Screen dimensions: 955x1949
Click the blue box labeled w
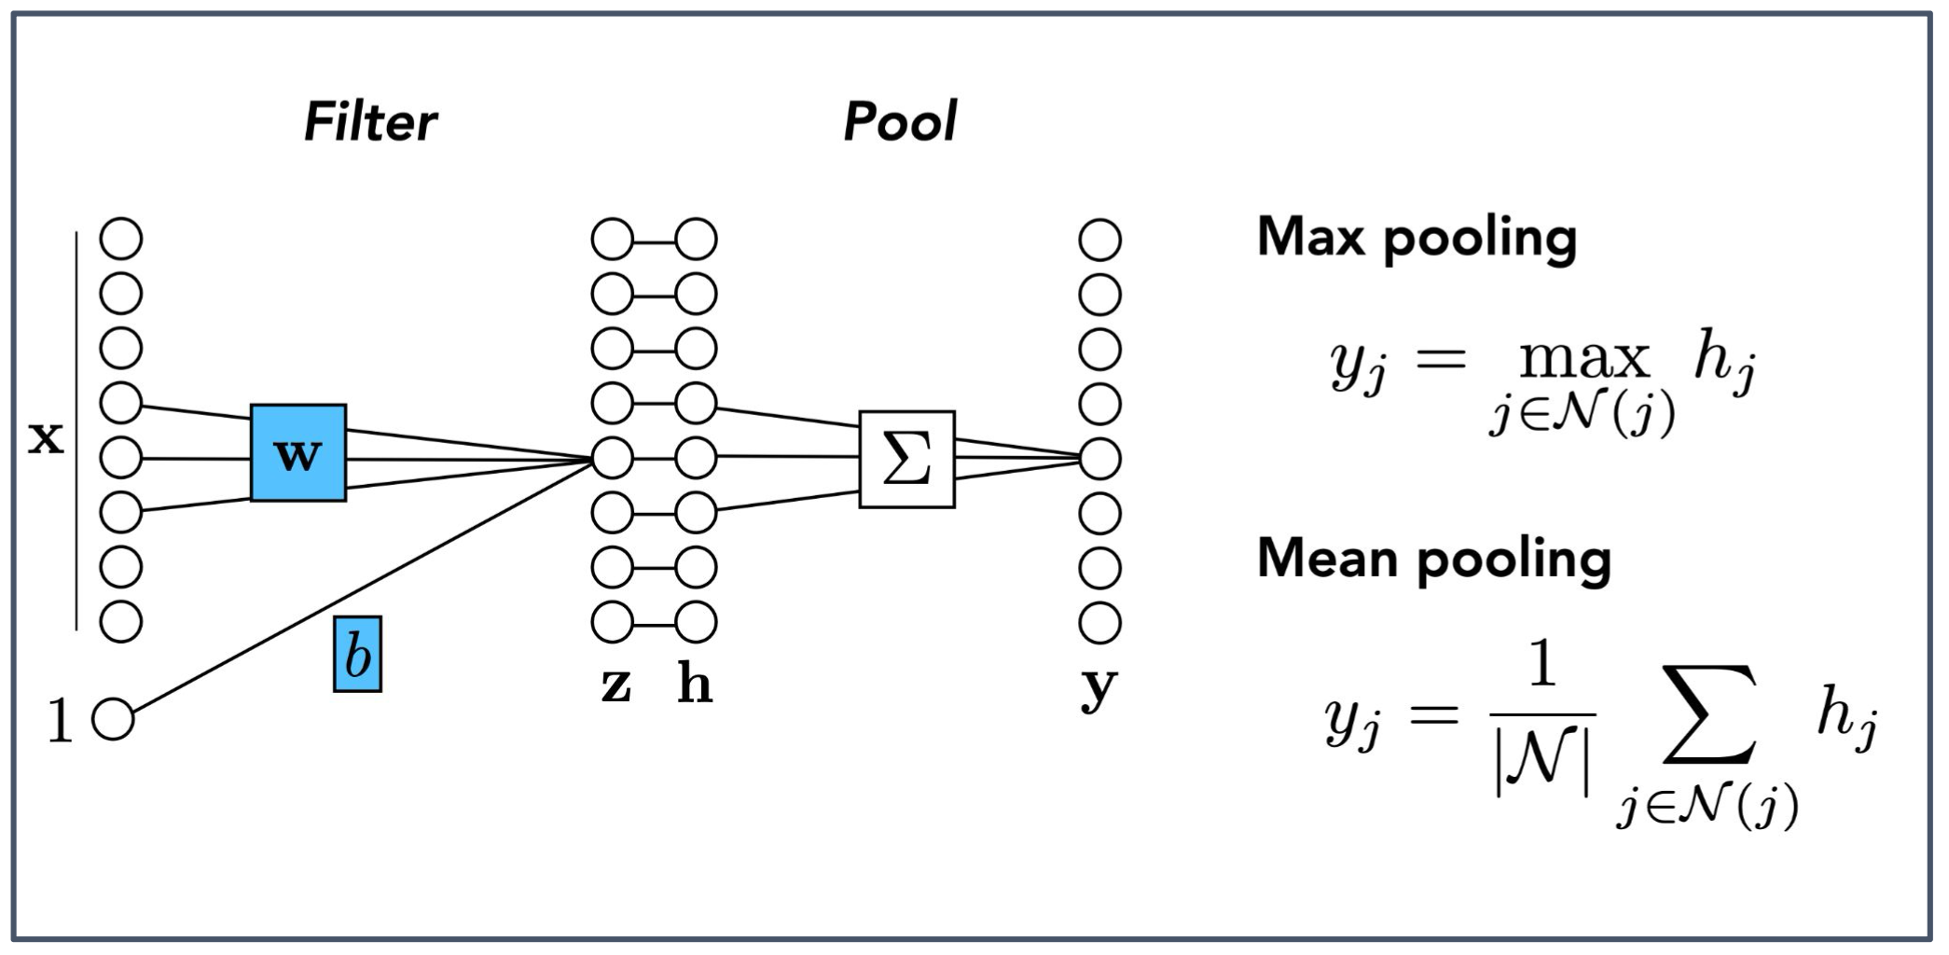pos(297,453)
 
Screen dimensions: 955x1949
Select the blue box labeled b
pos(357,654)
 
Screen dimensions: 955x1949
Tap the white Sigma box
pos(906,459)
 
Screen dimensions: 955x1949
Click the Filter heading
pos(370,122)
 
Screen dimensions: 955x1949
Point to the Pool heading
pos(900,122)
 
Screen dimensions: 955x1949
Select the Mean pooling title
pos(1433,559)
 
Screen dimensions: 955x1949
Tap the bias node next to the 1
pos(114,719)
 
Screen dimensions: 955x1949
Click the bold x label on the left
pos(46,436)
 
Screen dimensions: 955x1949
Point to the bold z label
pos(615,685)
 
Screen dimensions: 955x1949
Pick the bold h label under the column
pos(695,685)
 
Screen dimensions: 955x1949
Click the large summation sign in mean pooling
pos(1709,713)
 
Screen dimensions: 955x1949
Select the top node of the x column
pos(121,239)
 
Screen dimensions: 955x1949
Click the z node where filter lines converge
pos(612,458)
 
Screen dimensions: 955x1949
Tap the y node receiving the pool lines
pos(1099,458)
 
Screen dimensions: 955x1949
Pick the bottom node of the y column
pos(1099,622)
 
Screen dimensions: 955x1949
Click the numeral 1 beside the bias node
pos(60,721)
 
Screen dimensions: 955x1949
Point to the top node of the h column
pos(696,239)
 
